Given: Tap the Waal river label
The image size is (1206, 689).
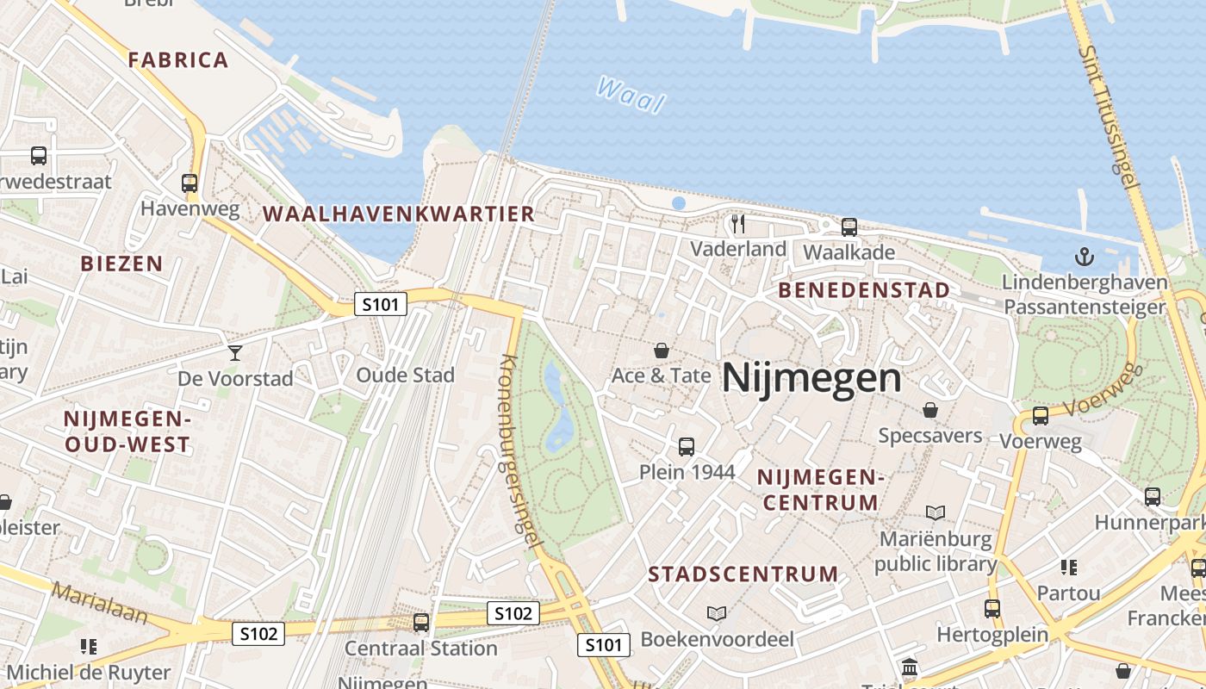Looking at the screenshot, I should click(x=631, y=95).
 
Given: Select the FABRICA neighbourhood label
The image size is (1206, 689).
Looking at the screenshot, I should click(x=178, y=60).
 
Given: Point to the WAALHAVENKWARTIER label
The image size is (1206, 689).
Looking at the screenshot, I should click(x=399, y=214).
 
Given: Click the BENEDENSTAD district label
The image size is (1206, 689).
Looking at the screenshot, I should click(x=864, y=290).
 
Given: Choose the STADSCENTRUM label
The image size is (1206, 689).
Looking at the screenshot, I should click(x=743, y=574).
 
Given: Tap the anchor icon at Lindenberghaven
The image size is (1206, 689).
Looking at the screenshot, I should click(x=1085, y=257).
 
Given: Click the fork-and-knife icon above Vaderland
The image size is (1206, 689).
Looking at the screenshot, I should click(x=737, y=224).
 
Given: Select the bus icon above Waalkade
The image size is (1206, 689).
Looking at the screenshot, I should click(x=849, y=227).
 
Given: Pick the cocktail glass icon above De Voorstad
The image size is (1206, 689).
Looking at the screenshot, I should click(x=234, y=352).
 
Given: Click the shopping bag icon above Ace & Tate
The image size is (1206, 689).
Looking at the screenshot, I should click(x=661, y=351).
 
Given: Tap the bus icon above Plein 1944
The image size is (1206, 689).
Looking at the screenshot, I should click(x=686, y=447).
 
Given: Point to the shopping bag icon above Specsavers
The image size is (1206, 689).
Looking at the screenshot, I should click(x=929, y=410).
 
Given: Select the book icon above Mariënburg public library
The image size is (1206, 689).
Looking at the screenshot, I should click(x=935, y=513).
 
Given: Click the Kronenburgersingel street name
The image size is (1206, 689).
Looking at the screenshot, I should click(x=519, y=450).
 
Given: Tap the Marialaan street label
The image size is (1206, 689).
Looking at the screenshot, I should click(x=98, y=603).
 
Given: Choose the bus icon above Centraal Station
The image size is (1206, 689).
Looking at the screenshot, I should click(x=420, y=622).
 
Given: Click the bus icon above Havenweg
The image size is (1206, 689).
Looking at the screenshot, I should click(x=190, y=183).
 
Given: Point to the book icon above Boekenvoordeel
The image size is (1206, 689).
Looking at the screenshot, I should click(x=716, y=614).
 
